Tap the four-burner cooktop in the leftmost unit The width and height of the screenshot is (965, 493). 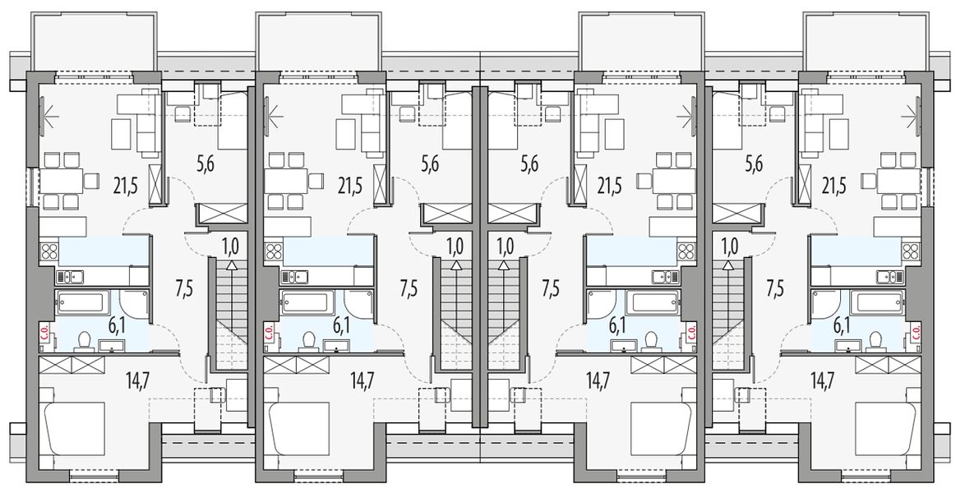pyautogui.click(x=48, y=251)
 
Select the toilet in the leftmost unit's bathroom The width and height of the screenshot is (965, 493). pyautogui.click(x=85, y=340)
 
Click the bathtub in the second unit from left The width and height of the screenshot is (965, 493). pyautogui.click(x=306, y=303)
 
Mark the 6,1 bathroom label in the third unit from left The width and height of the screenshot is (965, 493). pyautogui.click(x=616, y=325)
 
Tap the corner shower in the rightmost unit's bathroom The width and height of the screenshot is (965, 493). pyautogui.click(x=825, y=304)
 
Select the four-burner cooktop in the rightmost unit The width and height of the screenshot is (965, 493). pyautogui.click(x=912, y=251)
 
